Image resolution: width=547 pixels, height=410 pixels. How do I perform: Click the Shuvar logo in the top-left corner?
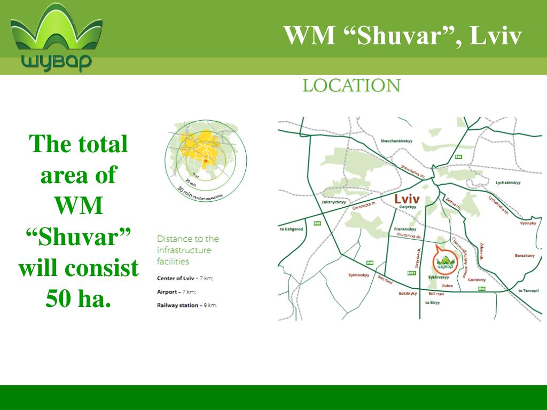[x=56, y=37]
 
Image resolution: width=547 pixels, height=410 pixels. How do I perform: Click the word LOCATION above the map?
[x=351, y=86]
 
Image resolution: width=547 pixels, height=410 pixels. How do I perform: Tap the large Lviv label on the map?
[x=407, y=199]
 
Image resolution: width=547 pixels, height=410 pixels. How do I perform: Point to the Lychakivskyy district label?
[x=508, y=183]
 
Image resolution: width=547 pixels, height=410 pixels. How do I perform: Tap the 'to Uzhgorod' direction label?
[x=292, y=229]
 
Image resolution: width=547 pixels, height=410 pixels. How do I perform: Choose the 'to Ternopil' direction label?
[x=528, y=291]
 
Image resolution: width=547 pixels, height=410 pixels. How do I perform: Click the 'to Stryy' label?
[x=432, y=303]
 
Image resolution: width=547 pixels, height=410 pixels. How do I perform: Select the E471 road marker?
[x=411, y=273]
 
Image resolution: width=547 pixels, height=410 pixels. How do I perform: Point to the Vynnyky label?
[x=527, y=223]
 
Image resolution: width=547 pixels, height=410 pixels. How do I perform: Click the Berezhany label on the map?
[x=525, y=256]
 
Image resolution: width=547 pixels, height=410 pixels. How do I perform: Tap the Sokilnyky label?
[x=408, y=294]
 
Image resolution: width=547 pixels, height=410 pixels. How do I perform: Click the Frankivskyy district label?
[x=405, y=229]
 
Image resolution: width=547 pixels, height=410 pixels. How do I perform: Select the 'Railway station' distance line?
[x=187, y=305]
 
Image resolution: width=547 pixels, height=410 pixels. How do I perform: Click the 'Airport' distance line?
[x=177, y=292]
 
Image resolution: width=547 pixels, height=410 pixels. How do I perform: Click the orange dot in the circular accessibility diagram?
[x=206, y=160]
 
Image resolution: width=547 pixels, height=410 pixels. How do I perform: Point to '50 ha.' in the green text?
[x=79, y=297]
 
